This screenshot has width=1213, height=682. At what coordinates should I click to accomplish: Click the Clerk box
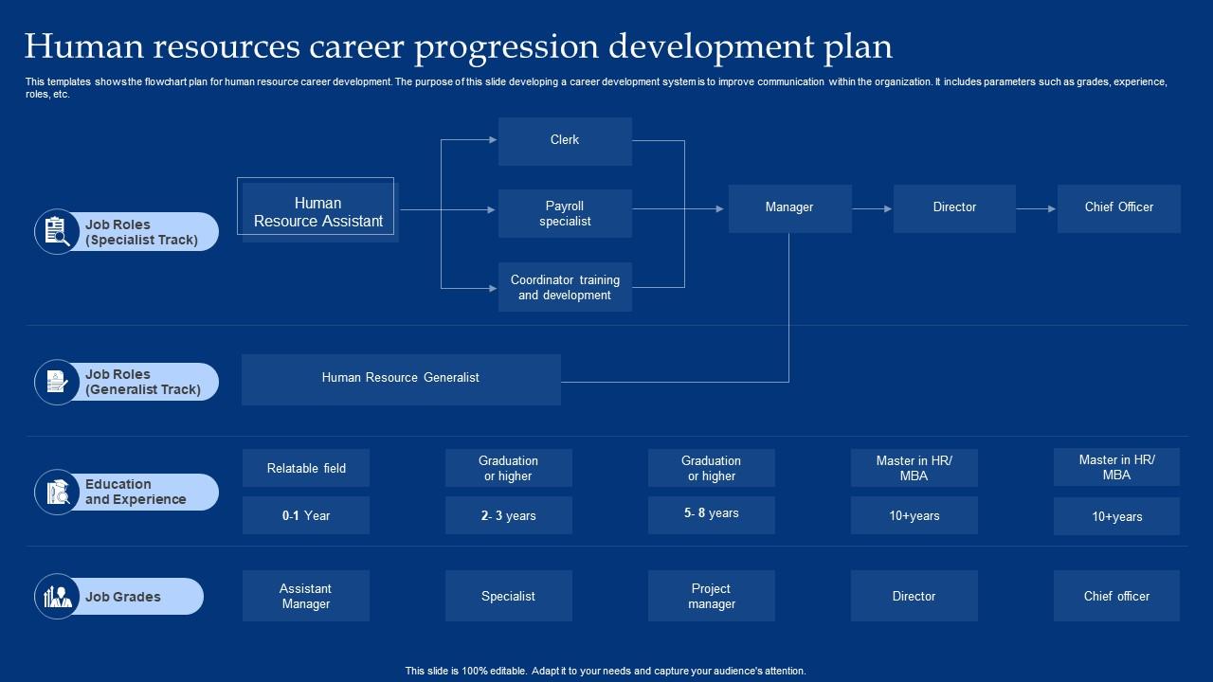point(565,141)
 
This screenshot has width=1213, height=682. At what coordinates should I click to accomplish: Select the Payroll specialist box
point(565,213)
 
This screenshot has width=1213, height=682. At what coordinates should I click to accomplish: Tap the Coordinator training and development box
point(565,287)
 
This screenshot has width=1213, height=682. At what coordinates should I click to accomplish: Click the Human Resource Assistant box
point(318,212)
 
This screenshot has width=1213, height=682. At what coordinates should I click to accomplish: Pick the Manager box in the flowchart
point(789,207)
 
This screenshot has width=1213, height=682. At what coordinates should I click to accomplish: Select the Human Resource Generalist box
point(401,379)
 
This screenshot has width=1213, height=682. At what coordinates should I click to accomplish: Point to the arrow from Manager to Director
point(872,208)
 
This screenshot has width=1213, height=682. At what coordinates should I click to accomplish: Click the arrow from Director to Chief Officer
point(1036,208)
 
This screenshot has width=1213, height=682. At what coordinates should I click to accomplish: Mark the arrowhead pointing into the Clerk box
point(492,140)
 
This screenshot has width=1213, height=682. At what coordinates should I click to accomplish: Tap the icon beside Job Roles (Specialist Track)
point(57,232)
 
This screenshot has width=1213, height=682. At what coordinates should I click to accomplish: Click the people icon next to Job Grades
point(57,597)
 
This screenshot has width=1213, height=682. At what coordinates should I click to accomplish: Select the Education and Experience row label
point(136,492)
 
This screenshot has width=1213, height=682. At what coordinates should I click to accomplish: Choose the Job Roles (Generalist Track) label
point(143,382)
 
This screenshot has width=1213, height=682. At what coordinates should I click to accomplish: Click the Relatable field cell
point(306,468)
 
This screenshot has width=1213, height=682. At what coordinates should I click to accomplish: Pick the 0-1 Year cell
point(306,515)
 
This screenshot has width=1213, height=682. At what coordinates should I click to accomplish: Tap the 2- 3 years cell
point(509,515)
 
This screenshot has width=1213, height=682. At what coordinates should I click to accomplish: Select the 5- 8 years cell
point(712,514)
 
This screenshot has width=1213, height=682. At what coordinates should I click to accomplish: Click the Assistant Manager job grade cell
point(306,596)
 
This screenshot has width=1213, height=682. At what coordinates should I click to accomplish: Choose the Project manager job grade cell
point(712,596)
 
